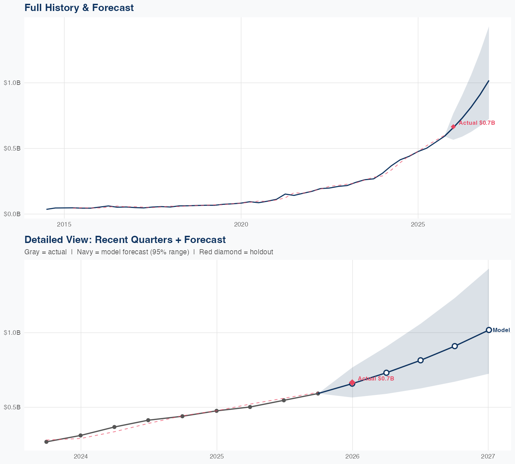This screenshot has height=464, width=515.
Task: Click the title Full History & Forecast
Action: [79, 8]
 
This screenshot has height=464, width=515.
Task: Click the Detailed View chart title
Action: [125, 240]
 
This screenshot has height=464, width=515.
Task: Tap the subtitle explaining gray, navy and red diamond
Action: [149, 252]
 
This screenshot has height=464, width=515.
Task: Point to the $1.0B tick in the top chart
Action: [12, 83]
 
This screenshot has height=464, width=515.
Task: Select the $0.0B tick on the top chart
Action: [12, 214]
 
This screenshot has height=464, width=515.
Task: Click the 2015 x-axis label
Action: [64, 224]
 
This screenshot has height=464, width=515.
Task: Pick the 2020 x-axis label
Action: [241, 224]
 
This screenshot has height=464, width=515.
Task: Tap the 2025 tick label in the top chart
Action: [418, 224]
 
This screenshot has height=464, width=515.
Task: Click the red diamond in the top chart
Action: [453, 127]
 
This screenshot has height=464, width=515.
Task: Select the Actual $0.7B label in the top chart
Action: [477, 123]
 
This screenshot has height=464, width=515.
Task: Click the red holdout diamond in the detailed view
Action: [352, 382]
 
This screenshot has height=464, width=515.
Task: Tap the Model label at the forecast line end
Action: [501, 330]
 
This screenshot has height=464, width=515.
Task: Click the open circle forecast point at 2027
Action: [489, 330]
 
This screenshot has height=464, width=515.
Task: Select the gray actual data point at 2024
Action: [80, 435]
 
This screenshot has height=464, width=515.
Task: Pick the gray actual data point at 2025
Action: [217, 411]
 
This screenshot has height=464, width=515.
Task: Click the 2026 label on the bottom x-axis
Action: [352, 456]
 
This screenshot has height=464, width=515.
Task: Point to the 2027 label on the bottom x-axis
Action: [488, 456]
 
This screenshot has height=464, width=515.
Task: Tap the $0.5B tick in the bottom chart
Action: [12, 407]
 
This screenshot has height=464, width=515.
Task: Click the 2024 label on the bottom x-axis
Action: [81, 456]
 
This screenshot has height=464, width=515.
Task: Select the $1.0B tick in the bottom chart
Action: [12, 333]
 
